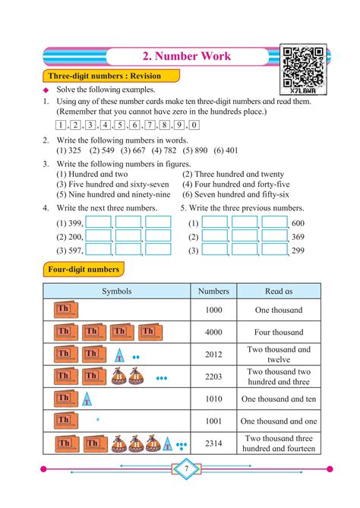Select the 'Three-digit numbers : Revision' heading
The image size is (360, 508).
(111, 76)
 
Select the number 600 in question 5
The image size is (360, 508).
(298, 223)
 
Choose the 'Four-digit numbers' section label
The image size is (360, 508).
(83, 270)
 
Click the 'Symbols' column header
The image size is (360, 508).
(117, 291)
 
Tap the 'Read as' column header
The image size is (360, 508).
(279, 291)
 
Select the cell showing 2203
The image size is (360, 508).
(213, 377)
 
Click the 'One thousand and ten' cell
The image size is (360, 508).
(279, 399)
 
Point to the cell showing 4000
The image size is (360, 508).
(213, 332)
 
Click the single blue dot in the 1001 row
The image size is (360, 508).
(97, 418)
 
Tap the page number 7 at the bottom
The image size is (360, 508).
(185, 469)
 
